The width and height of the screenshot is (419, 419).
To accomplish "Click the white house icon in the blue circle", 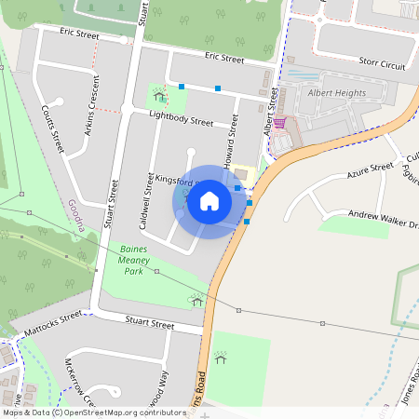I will tap(209, 201).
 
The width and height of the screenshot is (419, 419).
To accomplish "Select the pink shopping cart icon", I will tap(279, 122).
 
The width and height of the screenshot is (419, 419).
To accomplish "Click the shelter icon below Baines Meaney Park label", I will tap(196, 300).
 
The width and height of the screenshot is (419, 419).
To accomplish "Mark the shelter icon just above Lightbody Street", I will tap(159, 95).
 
